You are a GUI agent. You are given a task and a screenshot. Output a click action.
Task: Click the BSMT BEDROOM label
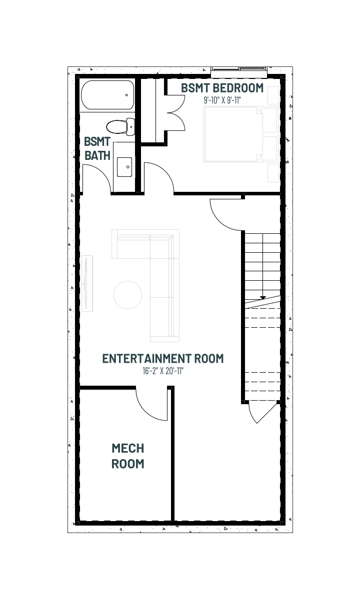[222, 88]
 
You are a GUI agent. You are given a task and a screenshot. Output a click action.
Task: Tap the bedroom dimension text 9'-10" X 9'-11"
[222, 100]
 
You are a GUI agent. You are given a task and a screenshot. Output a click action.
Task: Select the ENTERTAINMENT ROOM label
[163, 359]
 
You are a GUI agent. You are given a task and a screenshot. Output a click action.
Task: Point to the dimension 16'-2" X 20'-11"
[163, 371]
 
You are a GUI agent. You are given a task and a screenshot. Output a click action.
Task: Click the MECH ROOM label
[128, 456]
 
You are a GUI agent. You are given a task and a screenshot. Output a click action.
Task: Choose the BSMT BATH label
[97, 148]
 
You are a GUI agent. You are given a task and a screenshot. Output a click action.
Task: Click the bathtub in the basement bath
[107, 95]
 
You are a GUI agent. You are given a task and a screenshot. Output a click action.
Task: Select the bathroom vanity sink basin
[124, 167]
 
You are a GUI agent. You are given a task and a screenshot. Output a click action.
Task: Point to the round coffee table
[127, 295]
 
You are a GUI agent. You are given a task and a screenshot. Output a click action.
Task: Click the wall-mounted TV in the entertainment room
[87, 283]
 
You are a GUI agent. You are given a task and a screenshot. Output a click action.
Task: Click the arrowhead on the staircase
[262, 297]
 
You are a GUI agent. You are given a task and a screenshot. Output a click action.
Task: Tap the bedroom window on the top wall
[239, 69]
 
